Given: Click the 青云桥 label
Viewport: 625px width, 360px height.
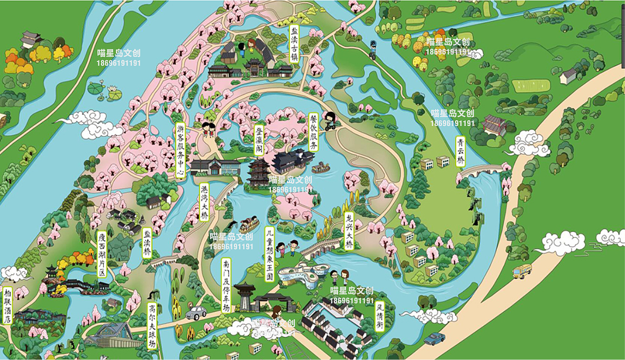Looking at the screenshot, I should click(x=460, y=151).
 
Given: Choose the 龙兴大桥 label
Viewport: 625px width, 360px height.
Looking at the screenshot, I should click(x=349, y=231).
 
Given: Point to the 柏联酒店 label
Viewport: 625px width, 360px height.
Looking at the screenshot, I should click(x=7, y=305).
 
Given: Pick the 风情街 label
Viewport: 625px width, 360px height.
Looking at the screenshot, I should click(x=379, y=316).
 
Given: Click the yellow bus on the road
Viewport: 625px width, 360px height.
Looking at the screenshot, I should click(x=522, y=272).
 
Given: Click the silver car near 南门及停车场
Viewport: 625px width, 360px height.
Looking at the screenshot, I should click(x=196, y=313).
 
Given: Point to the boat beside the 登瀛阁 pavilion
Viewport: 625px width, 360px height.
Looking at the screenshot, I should click(x=320, y=168).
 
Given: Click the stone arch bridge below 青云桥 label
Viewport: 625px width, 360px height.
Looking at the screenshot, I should click(x=479, y=171).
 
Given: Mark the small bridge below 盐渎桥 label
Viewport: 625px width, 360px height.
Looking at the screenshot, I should click(x=165, y=260).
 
